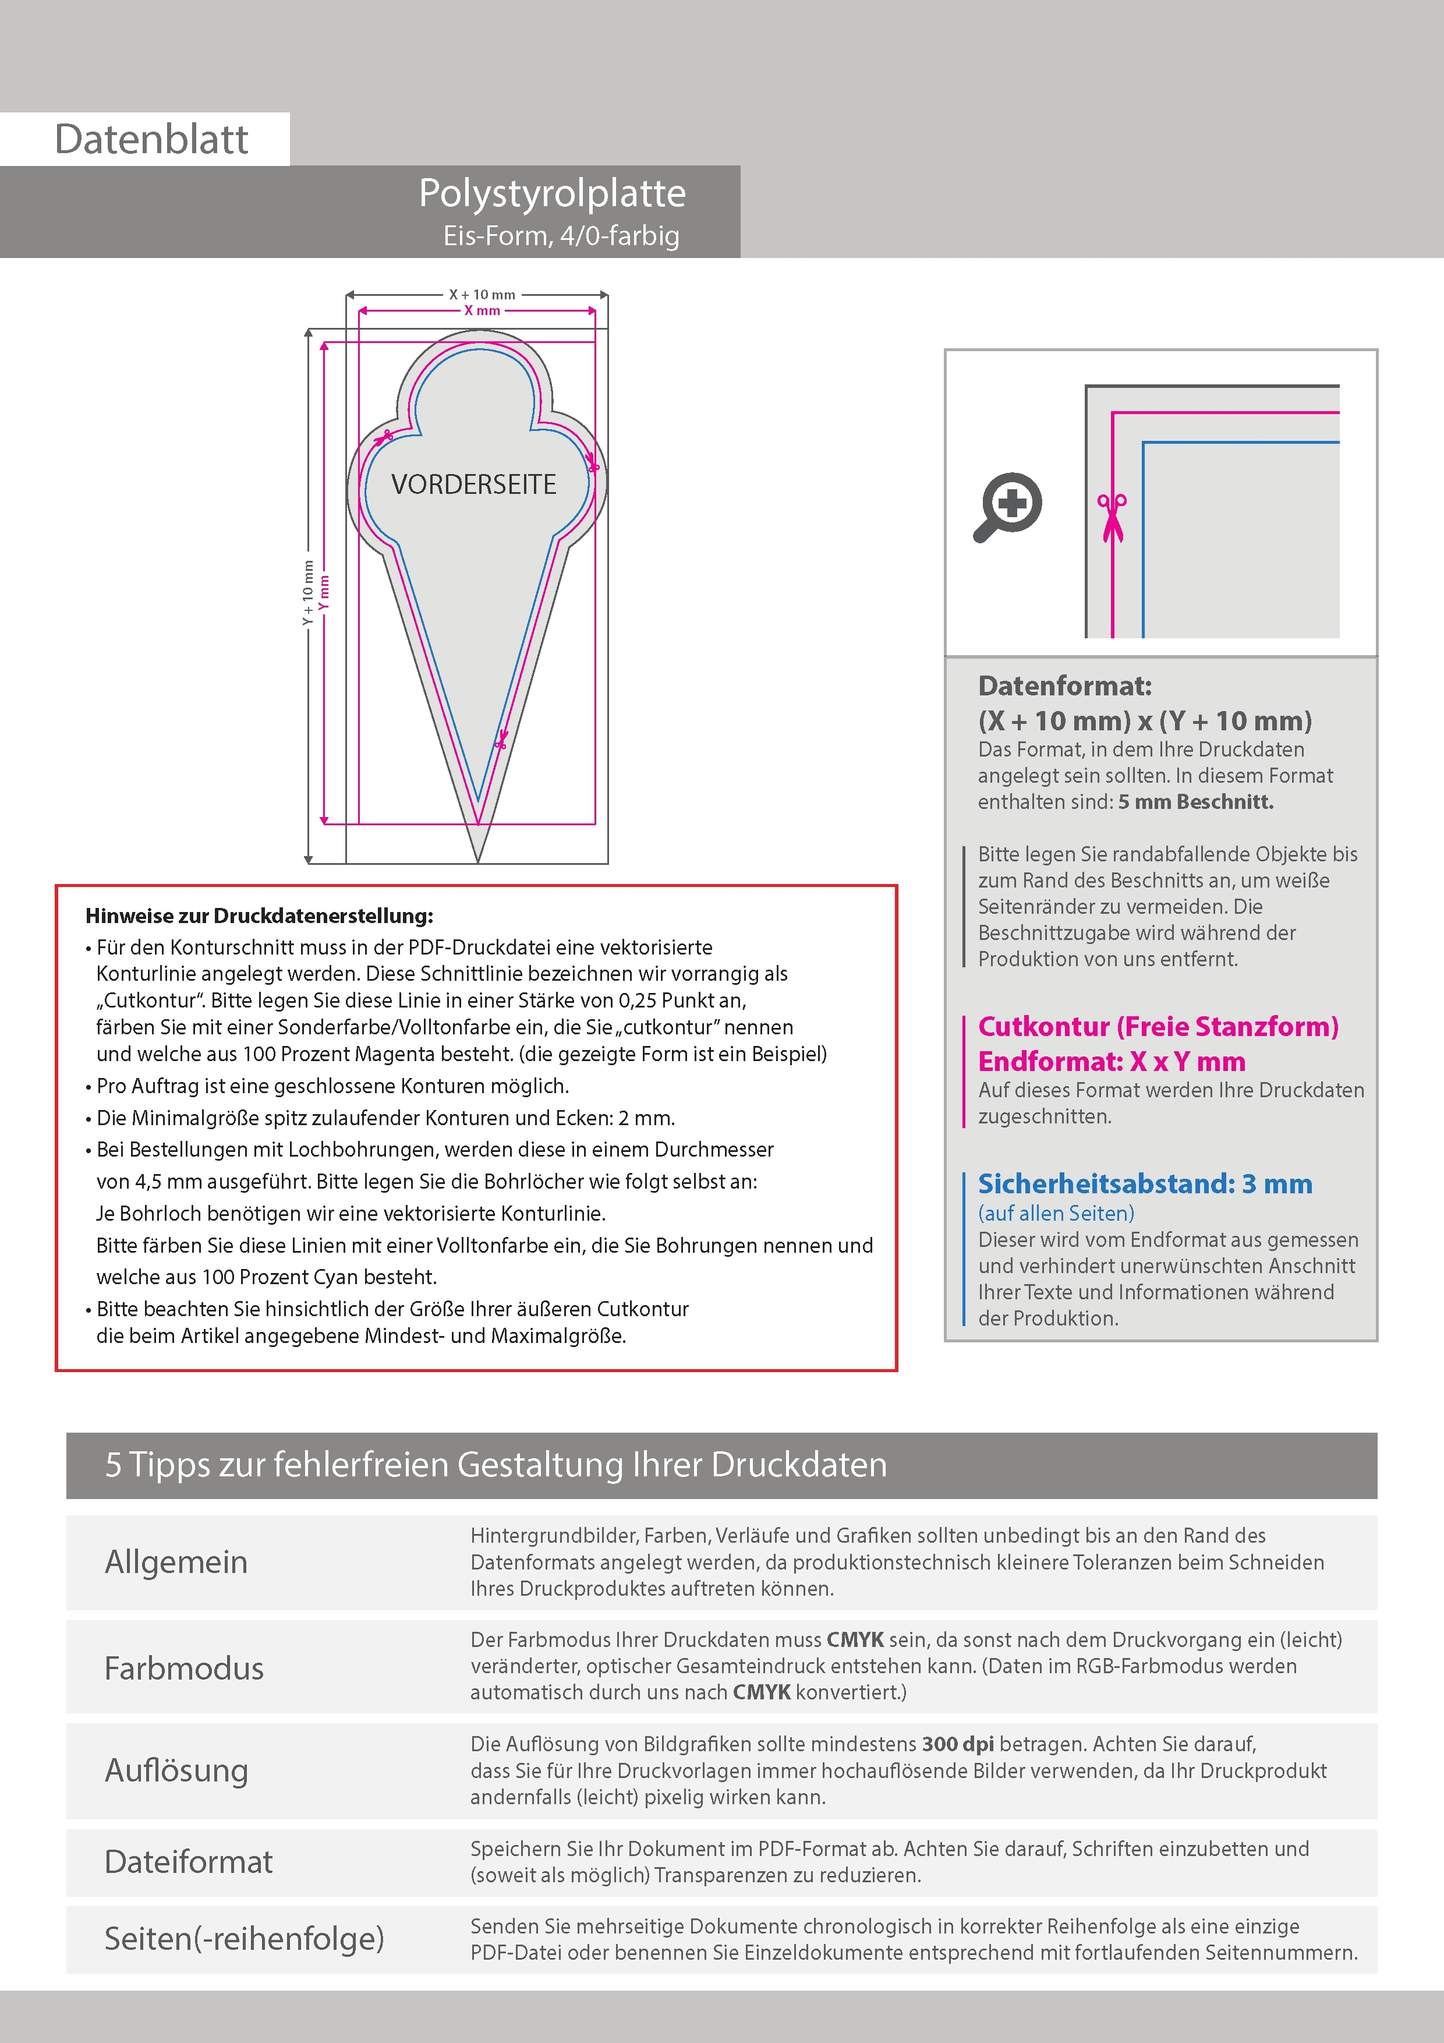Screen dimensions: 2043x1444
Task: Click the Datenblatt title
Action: (151, 139)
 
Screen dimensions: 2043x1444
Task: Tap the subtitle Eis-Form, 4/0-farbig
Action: (561, 236)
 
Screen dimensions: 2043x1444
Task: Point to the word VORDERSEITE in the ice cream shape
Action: (473, 485)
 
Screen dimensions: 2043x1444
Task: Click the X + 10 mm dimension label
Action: (482, 295)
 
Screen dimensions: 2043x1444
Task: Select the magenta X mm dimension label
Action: (482, 310)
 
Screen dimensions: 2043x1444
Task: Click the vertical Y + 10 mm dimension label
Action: (308, 593)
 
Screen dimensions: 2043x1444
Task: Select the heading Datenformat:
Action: (1064, 686)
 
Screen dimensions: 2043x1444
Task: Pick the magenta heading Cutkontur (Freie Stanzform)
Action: (1158, 1027)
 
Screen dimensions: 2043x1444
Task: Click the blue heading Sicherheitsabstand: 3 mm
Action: (1144, 1185)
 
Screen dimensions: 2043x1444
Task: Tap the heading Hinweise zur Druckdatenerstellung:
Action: (259, 916)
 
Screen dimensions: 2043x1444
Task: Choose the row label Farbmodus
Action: (183, 1667)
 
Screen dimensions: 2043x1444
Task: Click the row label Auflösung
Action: (176, 1770)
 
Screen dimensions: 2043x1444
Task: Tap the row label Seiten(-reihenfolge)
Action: (244, 1938)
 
